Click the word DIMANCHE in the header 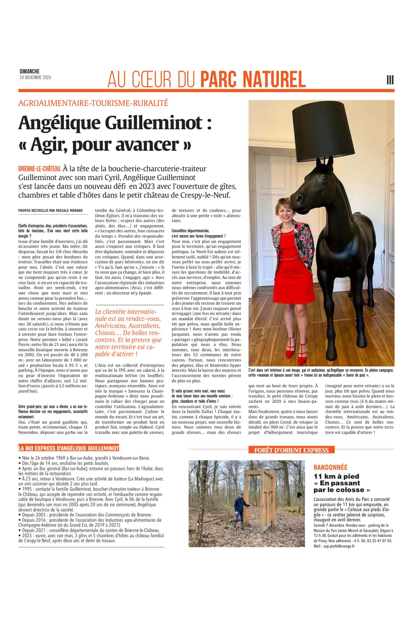tap(29, 72)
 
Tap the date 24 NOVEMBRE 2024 tap(35, 78)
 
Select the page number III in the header tap(390, 80)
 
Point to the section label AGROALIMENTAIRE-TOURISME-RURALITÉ tap(93, 103)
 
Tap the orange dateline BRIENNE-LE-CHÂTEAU tap(39, 169)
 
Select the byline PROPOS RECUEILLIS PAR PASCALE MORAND tap(50, 210)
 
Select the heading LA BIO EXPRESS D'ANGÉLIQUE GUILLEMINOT tap(69, 448)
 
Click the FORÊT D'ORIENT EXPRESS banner tap(291, 450)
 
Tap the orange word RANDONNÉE tap(330, 468)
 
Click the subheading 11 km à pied tap(336, 476)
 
